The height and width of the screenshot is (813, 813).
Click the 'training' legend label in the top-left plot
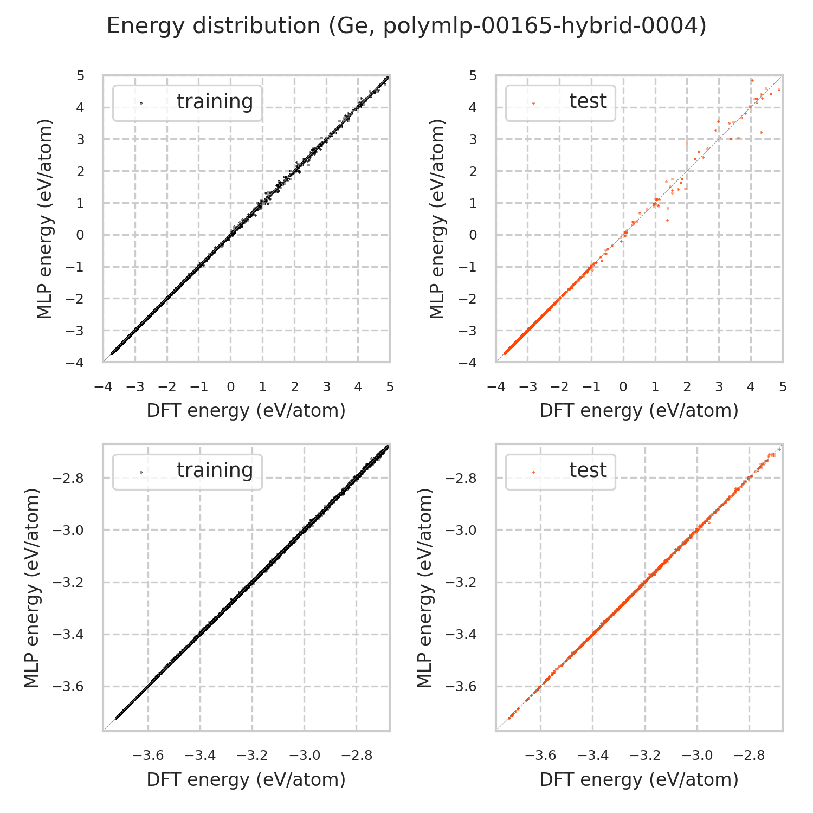[x=215, y=102]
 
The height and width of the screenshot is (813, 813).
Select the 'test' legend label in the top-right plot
[x=588, y=101]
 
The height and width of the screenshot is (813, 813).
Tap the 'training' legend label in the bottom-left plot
[x=215, y=470]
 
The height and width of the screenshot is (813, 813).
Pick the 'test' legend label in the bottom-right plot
[x=588, y=470]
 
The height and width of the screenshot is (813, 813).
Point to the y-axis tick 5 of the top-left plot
[x=81, y=75]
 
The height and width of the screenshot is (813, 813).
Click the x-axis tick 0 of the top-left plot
[x=231, y=387]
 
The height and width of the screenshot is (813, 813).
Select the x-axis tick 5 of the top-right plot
[x=783, y=387]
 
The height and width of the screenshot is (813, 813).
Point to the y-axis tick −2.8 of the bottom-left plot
[x=69, y=479]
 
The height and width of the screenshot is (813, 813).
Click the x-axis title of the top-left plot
[x=246, y=411]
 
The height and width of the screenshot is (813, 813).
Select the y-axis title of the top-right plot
[x=437, y=218]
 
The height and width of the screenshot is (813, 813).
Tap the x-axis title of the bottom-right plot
[x=639, y=779]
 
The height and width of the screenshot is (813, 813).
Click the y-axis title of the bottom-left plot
[x=33, y=588]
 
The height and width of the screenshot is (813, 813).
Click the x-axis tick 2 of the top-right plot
[x=687, y=387]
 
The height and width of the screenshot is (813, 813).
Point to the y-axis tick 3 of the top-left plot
[x=81, y=139]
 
